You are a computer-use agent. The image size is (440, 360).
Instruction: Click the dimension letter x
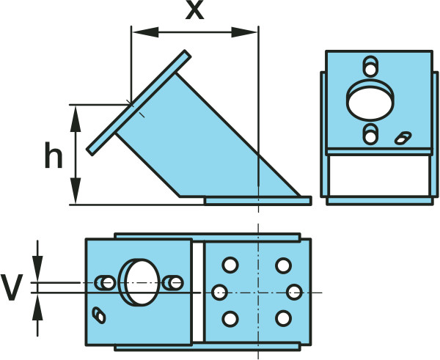[x=194, y=11]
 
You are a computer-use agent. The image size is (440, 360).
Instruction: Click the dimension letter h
[x=54, y=155]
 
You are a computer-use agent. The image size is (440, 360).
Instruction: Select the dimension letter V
[x=11, y=287]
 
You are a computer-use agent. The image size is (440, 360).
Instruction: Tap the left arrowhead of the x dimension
[x=145, y=32]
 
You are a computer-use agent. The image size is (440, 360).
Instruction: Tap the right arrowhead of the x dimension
[x=244, y=32]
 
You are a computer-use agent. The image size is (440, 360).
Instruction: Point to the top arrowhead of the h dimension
[x=76, y=120]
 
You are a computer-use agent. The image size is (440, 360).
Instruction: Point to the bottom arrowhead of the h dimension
[x=76, y=191]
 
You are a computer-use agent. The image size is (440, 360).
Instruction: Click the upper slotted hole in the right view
[x=370, y=66]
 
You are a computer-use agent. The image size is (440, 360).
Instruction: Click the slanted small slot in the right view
[x=403, y=138]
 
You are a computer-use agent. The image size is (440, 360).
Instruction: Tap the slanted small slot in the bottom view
[x=99, y=315]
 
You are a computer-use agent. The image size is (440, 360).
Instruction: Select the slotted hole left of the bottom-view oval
[x=105, y=282]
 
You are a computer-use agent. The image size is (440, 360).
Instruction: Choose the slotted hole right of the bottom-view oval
[x=173, y=282]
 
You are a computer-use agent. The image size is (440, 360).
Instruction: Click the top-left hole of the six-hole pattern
[x=230, y=265]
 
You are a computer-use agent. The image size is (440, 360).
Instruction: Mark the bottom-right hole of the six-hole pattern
[x=283, y=318]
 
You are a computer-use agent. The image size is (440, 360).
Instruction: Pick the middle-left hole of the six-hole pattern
[x=219, y=292]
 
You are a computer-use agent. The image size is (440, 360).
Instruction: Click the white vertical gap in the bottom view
[x=198, y=292]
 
